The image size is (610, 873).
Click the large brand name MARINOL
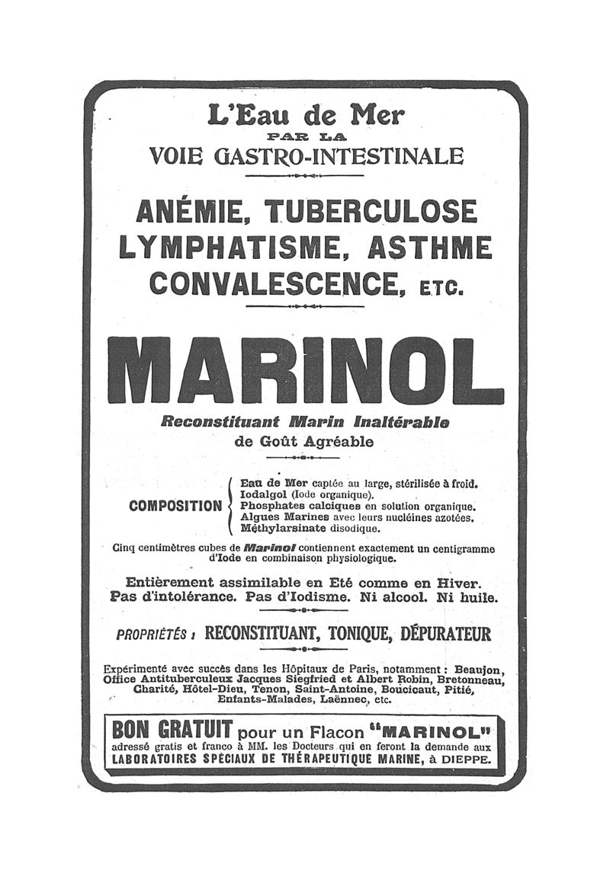305,370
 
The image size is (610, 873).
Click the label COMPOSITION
175,506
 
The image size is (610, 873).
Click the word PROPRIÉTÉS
151,635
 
